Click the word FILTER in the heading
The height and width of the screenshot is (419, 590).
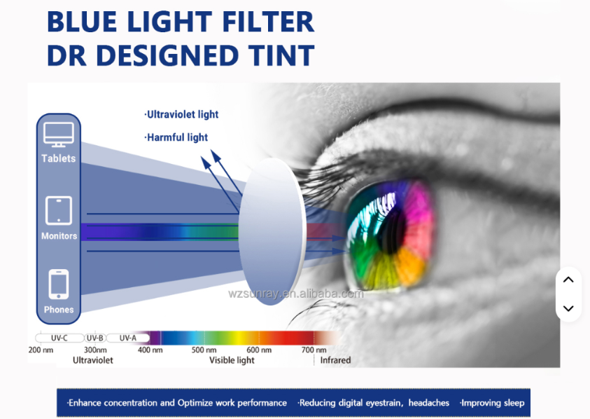coord(268,22)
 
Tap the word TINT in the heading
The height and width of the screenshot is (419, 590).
coord(281,55)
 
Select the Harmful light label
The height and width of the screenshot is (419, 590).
coord(176,137)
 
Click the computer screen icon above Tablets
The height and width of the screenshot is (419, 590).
coord(59,135)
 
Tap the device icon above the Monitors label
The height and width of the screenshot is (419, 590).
coord(59,211)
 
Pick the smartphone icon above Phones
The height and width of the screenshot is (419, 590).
coord(59,284)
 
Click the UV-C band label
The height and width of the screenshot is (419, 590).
coord(59,338)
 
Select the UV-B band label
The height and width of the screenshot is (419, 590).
coord(94,338)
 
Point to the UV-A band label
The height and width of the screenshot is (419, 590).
coord(128,338)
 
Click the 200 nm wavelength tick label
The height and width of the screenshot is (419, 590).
coord(41,350)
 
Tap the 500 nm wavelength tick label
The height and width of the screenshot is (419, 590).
coord(204,350)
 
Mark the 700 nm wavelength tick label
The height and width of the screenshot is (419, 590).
coord(314,350)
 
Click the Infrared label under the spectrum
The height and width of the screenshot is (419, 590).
coord(335,360)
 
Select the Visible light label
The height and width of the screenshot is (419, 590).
coord(232,361)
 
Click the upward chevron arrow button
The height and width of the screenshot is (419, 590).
coord(568,280)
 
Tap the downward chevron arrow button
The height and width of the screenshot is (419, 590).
coord(568,308)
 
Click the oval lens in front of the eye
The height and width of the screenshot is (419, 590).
coord(271,231)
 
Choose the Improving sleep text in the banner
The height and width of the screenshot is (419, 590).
coord(492,403)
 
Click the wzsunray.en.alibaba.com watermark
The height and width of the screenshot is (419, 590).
coord(296,294)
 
